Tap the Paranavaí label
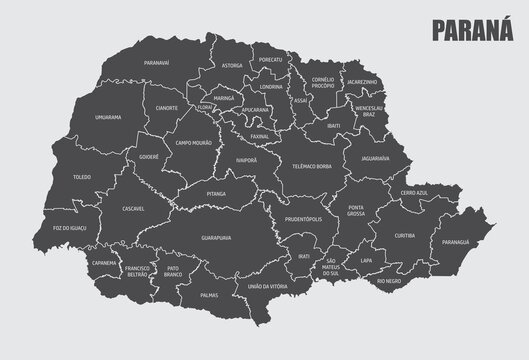tap(157, 63)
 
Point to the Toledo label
tap(82, 177)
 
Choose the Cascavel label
tap(133, 208)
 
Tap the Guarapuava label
tap(216, 238)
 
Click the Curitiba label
tap(404, 235)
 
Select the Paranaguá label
tap(455, 241)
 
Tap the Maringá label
tap(223, 99)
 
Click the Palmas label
tap(209, 295)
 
